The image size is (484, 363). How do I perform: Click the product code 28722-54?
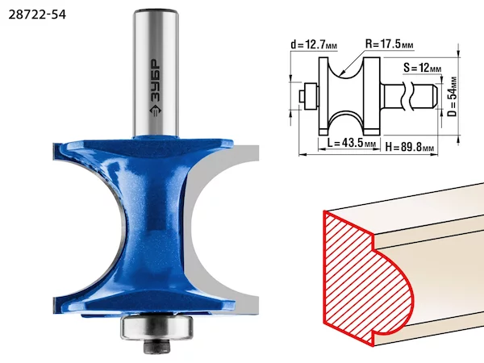point(37,15)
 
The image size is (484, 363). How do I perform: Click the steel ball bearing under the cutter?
point(156,328)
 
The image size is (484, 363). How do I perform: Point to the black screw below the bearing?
point(156,346)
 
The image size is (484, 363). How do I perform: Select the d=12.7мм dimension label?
point(314,44)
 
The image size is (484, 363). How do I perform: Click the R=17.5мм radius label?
point(390,44)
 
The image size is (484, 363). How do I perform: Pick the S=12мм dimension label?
point(422,68)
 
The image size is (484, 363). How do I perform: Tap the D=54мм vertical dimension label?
point(452,97)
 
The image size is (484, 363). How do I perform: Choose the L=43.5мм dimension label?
point(351,143)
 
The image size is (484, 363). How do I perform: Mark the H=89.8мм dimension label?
point(410,147)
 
